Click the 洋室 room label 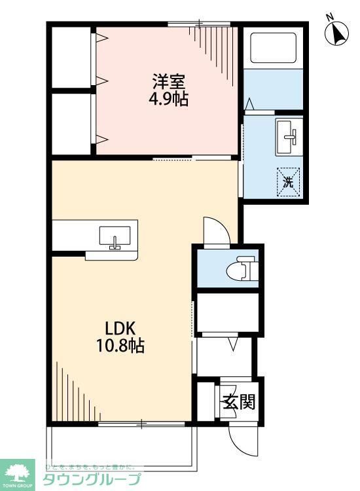click(170, 83)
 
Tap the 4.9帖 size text click(170, 101)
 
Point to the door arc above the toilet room click(215, 230)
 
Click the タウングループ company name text click(91, 480)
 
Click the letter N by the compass click(331, 17)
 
